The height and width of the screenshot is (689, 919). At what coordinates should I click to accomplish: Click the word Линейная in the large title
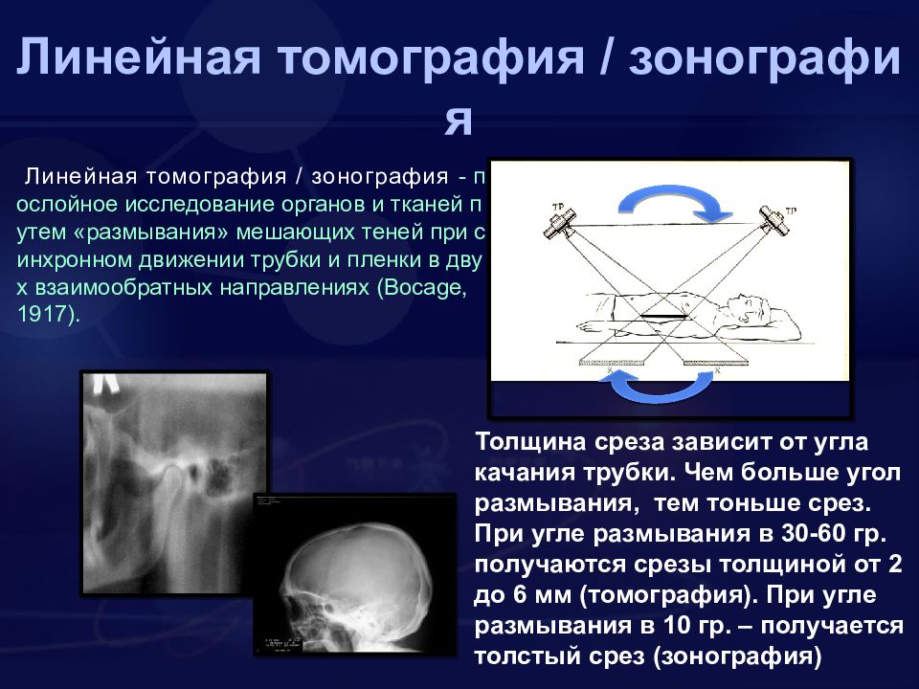pyautogui.click(x=138, y=57)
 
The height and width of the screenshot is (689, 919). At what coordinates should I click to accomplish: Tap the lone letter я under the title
pyautogui.click(x=459, y=121)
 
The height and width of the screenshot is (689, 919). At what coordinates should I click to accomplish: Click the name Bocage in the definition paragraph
pyautogui.click(x=425, y=288)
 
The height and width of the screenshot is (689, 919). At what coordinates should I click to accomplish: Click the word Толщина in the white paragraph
pyautogui.click(x=531, y=441)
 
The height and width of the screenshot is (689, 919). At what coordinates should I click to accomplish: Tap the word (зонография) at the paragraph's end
pyautogui.click(x=737, y=656)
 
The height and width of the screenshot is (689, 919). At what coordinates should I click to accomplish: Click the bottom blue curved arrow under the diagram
pyautogui.click(x=657, y=392)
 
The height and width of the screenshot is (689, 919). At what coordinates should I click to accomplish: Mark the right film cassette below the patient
pyautogui.click(x=717, y=362)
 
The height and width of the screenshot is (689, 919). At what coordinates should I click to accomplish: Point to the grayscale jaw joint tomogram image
pyautogui.click(x=174, y=483)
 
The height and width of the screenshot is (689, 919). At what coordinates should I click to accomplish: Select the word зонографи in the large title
pyautogui.click(x=764, y=57)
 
